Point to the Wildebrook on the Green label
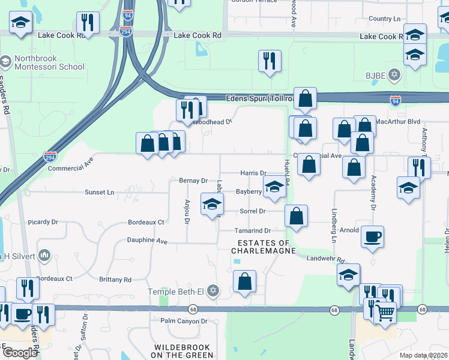coord(182,351)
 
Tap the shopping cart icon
coord(385,312)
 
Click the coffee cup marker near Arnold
coord(372,236)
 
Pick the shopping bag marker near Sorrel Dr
coord(296,216)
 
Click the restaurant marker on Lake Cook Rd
coord(88,23)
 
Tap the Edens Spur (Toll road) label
coord(261,98)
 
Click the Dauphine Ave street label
coord(146,241)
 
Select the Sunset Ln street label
coord(100,192)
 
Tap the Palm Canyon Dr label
coord(183,321)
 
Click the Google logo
coord(20,353)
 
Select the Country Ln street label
coord(384,19)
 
